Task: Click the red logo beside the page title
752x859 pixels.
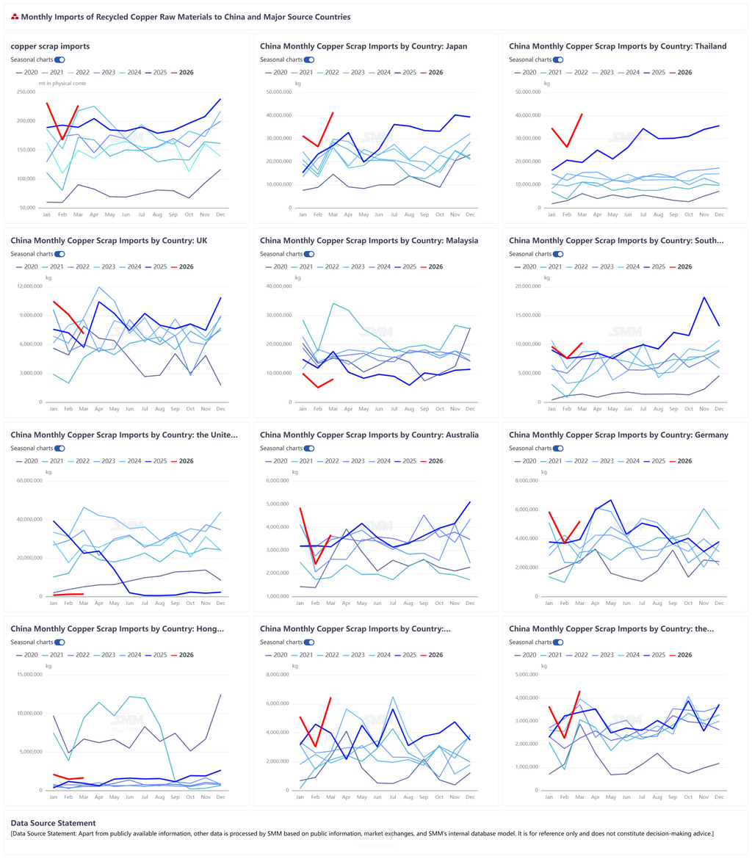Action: click(x=15, y=16)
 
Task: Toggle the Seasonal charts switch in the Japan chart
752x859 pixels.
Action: click(x=309, y=59)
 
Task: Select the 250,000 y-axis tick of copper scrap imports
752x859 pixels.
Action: click(x=31, y=93)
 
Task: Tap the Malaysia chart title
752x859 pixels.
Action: click(x=369, y=240)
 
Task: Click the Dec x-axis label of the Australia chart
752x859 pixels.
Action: click(x=469, y=604)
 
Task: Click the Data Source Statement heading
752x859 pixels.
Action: click(x=53, y=823)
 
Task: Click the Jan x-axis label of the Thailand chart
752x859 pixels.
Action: click(x=551, y=215)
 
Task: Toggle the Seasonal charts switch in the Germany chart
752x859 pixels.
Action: click(x=558, y=448)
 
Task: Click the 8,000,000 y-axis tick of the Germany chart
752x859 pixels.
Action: click(x=527, y=481)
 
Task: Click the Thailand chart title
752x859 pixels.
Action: click(x=618, y=46)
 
